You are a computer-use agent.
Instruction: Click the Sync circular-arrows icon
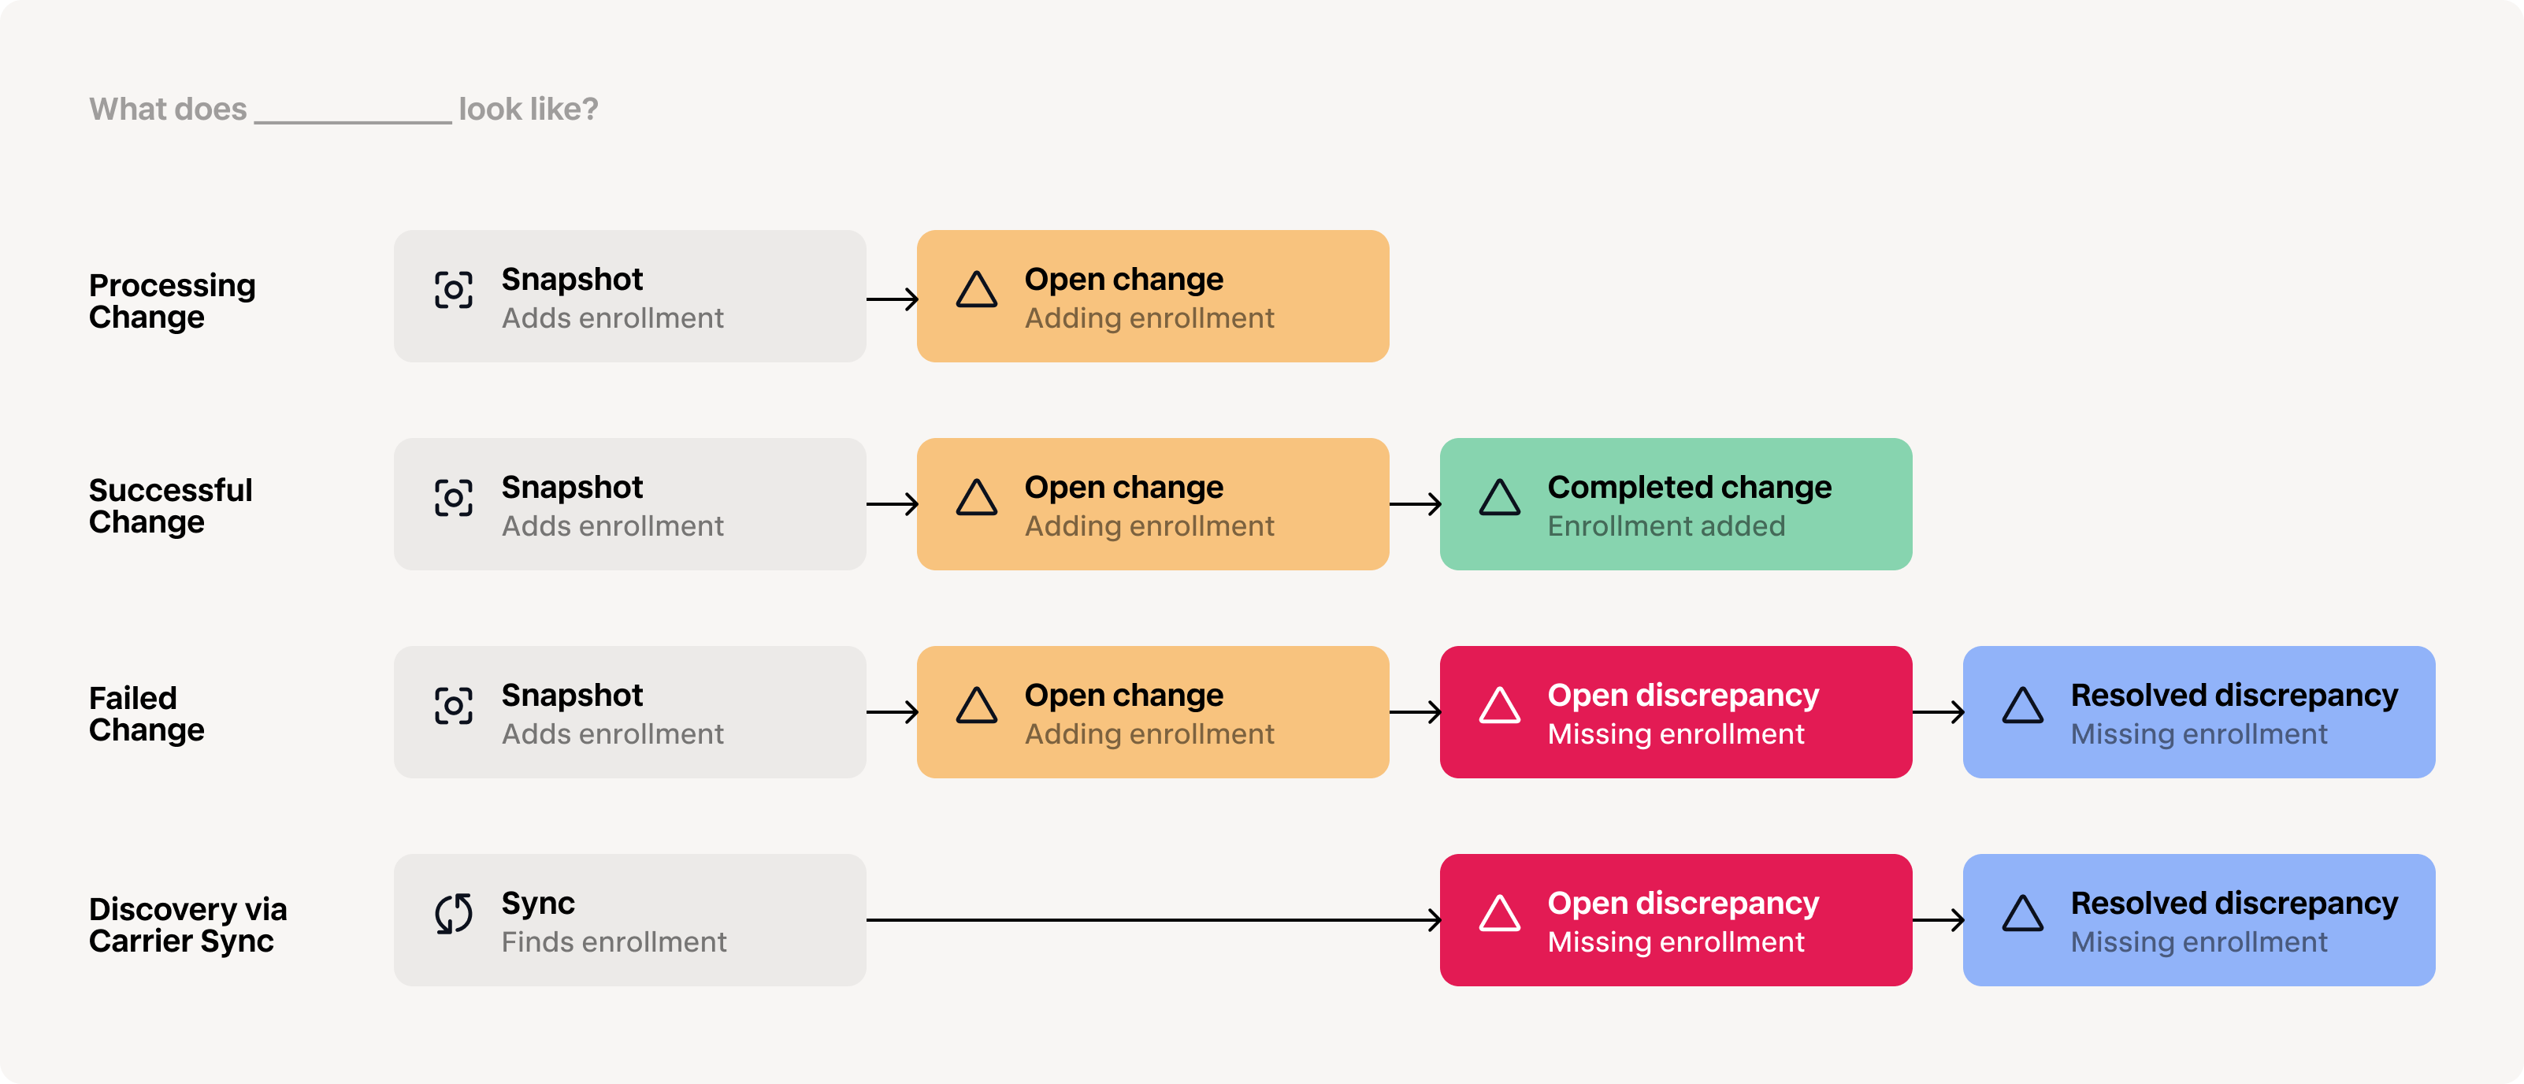pos(454,914)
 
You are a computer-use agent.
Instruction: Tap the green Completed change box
pos(1676,503)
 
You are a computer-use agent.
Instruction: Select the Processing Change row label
pos(173,301)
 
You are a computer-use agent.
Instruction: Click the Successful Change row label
pos(170,506)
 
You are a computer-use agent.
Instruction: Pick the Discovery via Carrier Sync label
pos(188,924)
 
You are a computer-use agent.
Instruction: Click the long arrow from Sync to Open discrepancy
pos(1153,919)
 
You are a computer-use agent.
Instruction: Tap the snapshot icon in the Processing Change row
pos(454,290)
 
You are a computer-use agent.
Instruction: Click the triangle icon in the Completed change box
pos(1499,497)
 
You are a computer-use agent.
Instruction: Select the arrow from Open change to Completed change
pos(1415,503)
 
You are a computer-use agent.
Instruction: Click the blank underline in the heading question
pos(353,121)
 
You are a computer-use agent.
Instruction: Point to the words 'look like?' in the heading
pos(528,109)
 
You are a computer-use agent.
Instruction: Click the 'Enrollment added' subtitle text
pos(1665,526)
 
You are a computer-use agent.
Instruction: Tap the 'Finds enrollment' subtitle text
pos(614,942)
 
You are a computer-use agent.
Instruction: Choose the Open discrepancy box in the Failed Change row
pos(1676,711)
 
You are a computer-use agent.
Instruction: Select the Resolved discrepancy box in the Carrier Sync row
pos(2199,919)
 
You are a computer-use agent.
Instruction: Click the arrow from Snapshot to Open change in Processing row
pos(892,299)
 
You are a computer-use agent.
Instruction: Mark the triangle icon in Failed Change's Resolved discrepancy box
pos(2022,705)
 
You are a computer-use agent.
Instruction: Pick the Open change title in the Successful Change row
pos(1124,487)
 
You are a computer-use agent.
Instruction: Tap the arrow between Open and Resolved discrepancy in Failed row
pos(1938,711)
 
